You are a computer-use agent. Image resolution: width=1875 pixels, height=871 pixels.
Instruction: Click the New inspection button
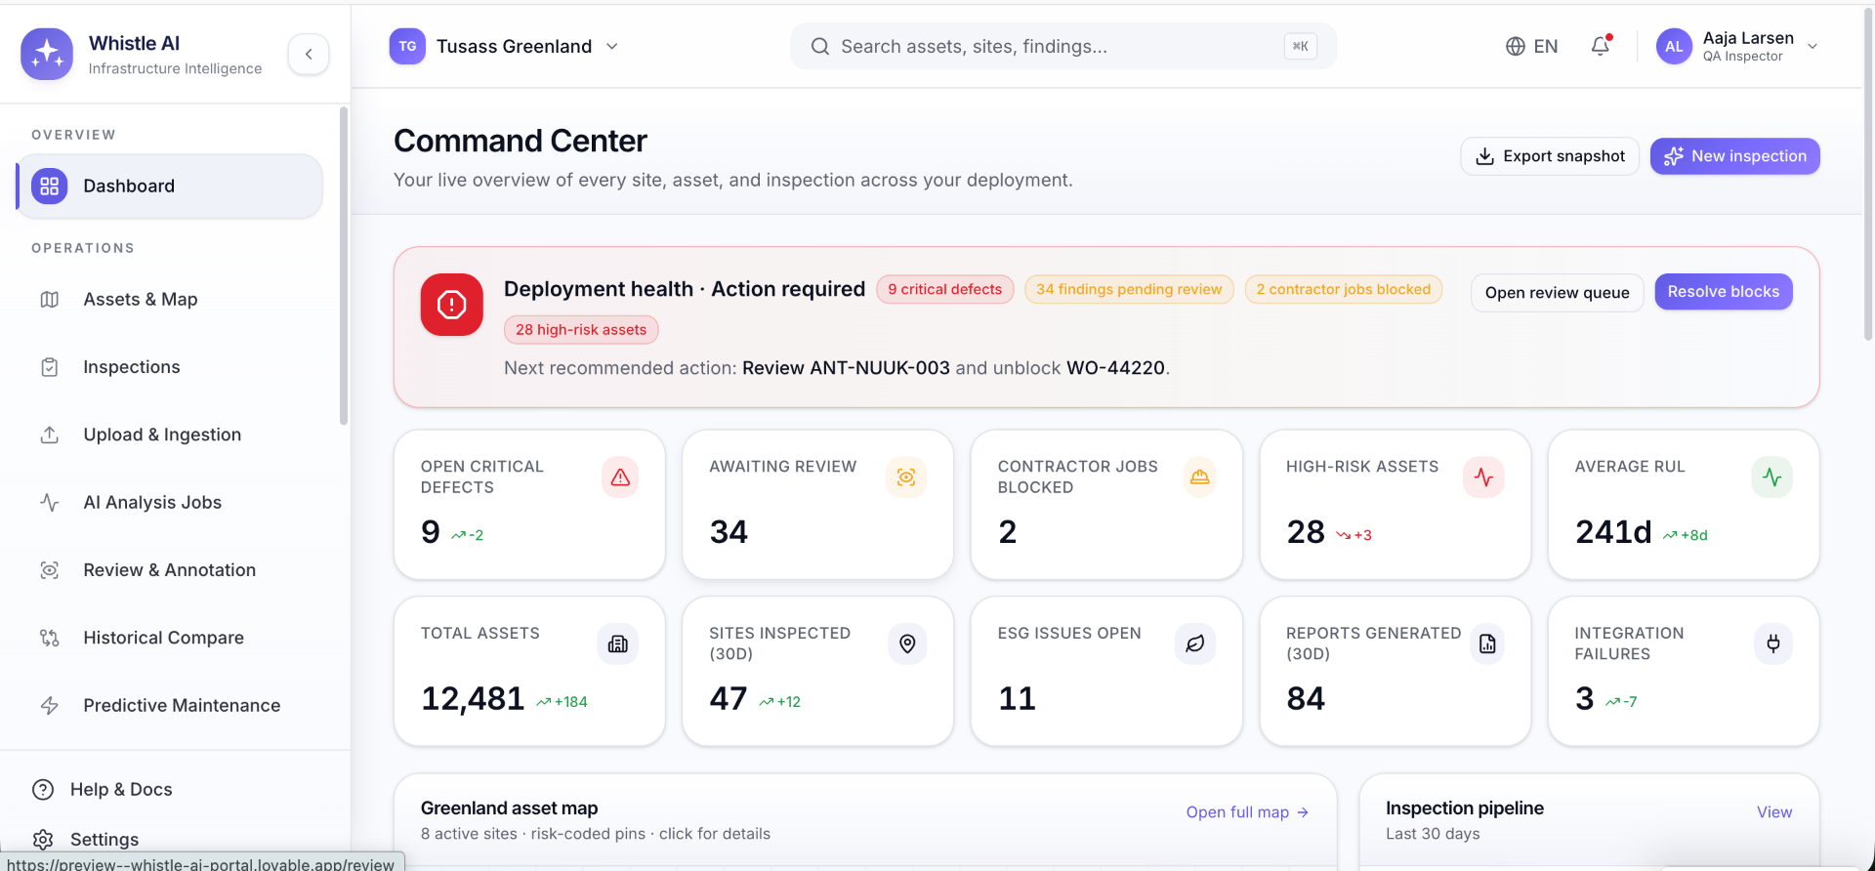tap(1734, 156)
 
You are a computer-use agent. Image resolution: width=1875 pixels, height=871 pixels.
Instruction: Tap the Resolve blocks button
tap(1723, 292)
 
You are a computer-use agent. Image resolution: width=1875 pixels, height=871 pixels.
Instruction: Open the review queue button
tap(1557, 293)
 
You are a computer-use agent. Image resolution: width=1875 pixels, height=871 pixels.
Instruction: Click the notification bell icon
tap(1601, 46)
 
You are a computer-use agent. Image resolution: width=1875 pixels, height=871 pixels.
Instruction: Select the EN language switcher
tap(1531, 46)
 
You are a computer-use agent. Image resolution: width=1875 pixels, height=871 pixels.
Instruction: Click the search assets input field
tap(1062, 46)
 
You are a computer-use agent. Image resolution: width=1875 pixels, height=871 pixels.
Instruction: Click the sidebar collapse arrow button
tap(309, 54)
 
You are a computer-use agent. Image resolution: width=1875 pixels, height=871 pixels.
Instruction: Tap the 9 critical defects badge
tap(944, 289)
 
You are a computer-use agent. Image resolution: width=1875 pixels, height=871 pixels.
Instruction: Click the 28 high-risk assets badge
tap(581, 330)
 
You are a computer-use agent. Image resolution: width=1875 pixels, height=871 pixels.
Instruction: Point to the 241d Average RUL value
tap(1613, 532)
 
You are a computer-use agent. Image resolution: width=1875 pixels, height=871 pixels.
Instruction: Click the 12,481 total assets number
tap(473, 699)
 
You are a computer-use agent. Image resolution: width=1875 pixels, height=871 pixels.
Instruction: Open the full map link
tap(1247, 812)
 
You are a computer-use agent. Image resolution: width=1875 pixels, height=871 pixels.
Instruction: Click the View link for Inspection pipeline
tap(1773, 812)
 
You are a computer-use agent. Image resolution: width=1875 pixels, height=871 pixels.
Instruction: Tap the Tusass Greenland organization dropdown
tap(504, 46)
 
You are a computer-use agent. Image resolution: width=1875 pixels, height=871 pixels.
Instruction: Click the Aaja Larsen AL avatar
tap(1674, 46)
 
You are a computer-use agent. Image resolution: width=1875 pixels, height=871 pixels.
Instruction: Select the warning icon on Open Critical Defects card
tap(620, 477)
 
